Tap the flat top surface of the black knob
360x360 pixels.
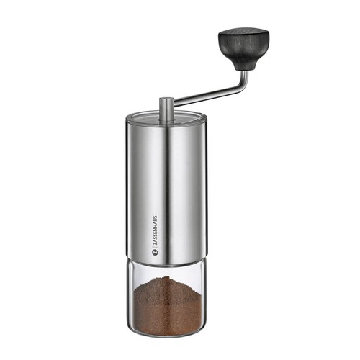[243, 32]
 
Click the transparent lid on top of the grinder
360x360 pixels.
[166, 118]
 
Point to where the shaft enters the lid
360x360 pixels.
[166, 119]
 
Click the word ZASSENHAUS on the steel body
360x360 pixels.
[156, 230]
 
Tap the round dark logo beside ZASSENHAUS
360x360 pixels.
[155, 252]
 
